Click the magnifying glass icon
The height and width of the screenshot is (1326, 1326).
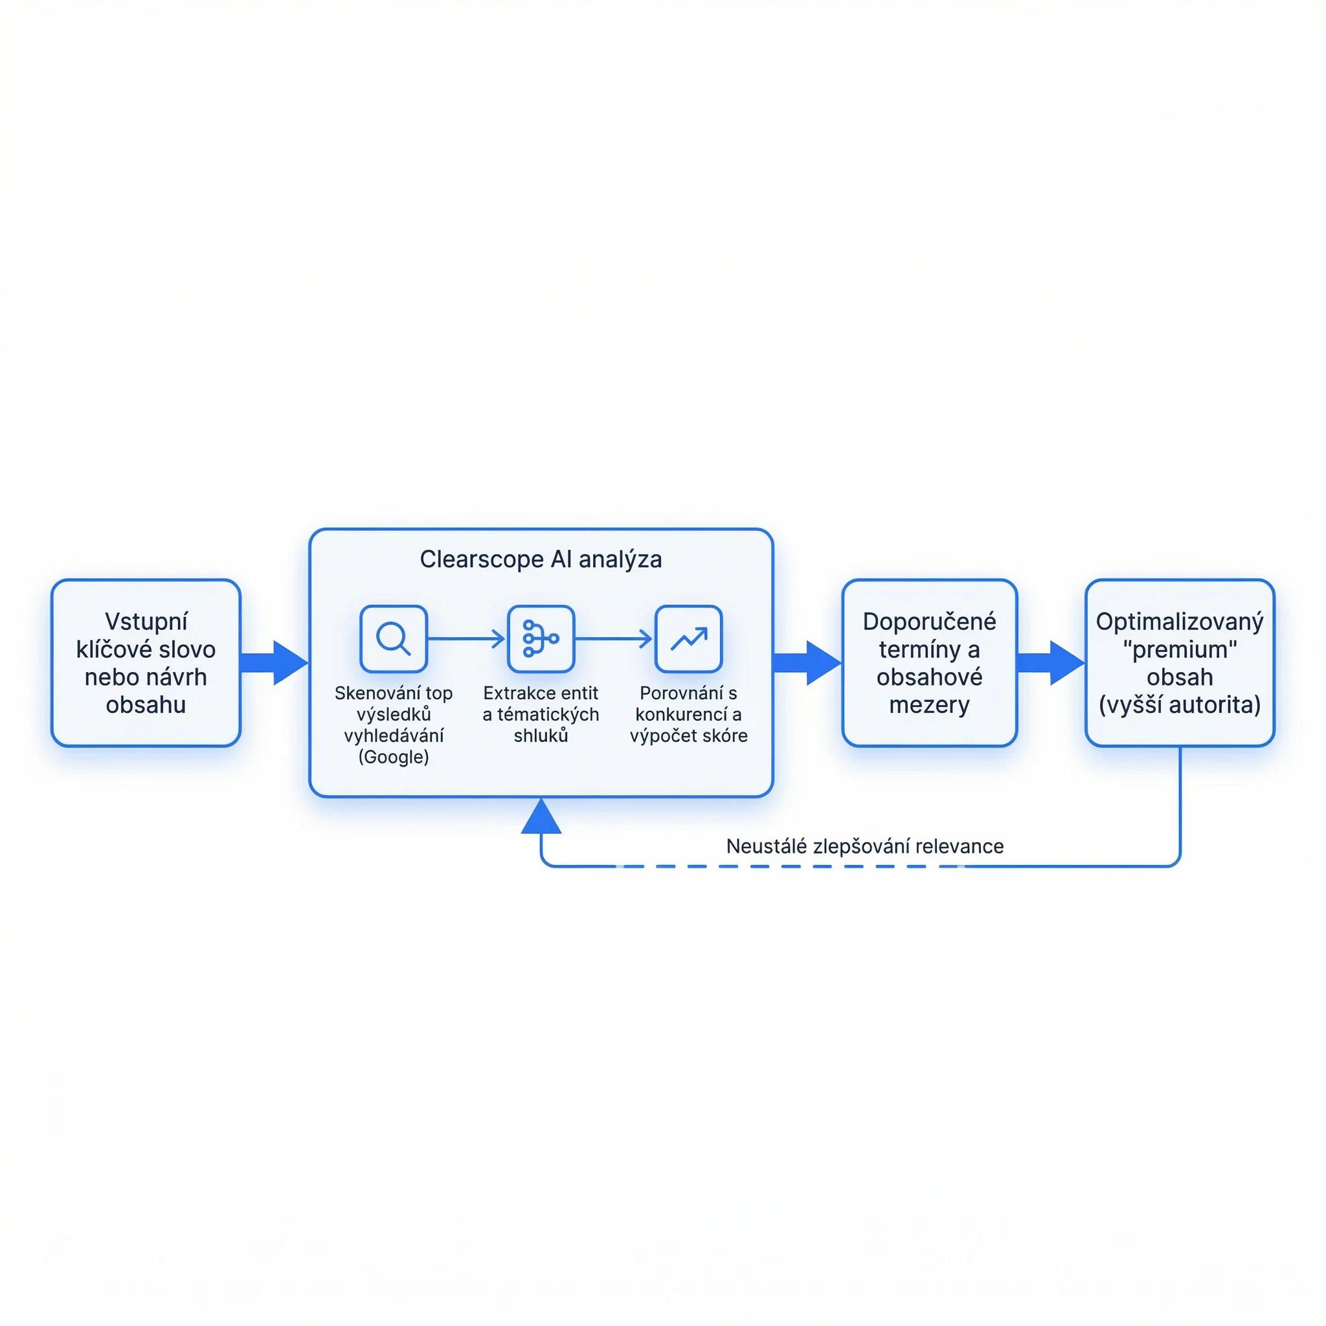coord(393,638)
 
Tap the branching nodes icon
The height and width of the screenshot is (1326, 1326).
coord(541,638)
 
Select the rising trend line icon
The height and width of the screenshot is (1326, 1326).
coord(688,638)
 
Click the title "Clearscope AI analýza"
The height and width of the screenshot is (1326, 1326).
coord(541,559)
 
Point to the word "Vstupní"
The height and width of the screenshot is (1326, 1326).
coord(146,622)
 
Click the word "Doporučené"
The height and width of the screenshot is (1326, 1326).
coord(929,621)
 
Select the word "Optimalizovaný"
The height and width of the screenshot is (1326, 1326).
coord(1179,622)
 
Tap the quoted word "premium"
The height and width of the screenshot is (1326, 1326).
coord(1180,649)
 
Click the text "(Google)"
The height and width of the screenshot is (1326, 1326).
coord(393,757)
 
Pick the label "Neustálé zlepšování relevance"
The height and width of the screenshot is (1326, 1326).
coord(865,846)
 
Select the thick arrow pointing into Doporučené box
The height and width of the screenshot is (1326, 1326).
coord(807,663)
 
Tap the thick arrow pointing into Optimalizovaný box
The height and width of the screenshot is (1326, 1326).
coord(1051,663)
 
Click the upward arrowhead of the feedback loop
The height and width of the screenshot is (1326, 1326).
coord(541,816)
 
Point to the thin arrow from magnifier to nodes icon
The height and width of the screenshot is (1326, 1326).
coord(466,638)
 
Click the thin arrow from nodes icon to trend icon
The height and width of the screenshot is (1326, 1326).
coord(614,638)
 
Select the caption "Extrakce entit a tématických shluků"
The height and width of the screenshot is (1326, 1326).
coord(541,715)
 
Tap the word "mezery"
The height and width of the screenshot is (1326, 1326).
coord(929,705)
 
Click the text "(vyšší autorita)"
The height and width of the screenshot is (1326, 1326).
coord(1179,706)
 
